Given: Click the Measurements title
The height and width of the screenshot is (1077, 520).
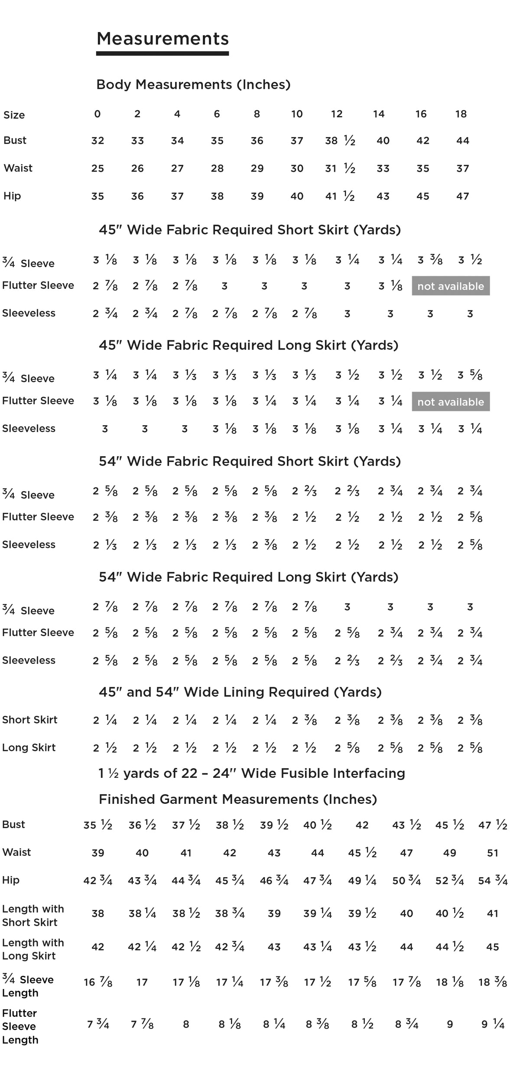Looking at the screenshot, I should pyautogui.click(x=162, y=39).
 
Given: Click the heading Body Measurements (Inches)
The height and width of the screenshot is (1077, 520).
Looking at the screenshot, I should pyautogui.click(x=193, y=84).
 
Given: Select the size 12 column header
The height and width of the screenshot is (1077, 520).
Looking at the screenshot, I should pyautogui.click(x=337, y=114).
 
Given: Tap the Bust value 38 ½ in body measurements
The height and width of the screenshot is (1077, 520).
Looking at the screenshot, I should pyautogui.click(x=340, y=141).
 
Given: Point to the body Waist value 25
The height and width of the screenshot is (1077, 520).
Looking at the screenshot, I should pyautogui.click(x=97, y=169).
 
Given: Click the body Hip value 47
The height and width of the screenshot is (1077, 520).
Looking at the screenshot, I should pyautogui.click(x=462, y=196).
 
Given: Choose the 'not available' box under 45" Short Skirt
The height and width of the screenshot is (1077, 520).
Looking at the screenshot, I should pyautogui.click(x=451, y=286).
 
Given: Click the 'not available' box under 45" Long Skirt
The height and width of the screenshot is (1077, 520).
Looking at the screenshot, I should pyautogui.click(x=451, y=402).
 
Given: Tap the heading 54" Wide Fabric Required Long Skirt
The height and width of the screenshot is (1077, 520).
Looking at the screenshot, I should pyautogui.click(x=248, y=577).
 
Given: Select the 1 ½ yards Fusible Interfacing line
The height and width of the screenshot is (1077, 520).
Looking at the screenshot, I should pyautogui.click(x=252, y=773).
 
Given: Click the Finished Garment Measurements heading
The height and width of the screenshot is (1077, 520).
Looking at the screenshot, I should pyautogui.click(x=238, y=799).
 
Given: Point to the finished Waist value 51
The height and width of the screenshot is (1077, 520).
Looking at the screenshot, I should pyautogui.click(x=493, y=853).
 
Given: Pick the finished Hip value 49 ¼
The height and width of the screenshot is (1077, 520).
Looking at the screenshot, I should pyautogui.click(x=362, y=881).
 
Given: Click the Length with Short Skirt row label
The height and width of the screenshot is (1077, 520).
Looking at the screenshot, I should pyautogui.click(x=33, y=915).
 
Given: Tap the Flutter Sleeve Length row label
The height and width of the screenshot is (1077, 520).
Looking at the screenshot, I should pyautogui.click(x=20, y=1026).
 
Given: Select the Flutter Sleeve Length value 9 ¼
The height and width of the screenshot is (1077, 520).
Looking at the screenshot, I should pyautogui.click(x=493, y=1024).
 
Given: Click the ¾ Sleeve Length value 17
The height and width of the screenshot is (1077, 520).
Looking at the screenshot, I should pyautogui.click(x=142, y=982).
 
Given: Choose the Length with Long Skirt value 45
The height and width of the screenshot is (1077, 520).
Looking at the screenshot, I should pyautogui.click(x=493, y=947).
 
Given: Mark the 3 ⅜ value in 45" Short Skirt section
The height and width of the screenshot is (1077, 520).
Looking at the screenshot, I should pyautogui.click(x=430, y=260).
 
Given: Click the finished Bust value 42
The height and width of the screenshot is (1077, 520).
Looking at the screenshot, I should pyautogui.click(x=362, y=825).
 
